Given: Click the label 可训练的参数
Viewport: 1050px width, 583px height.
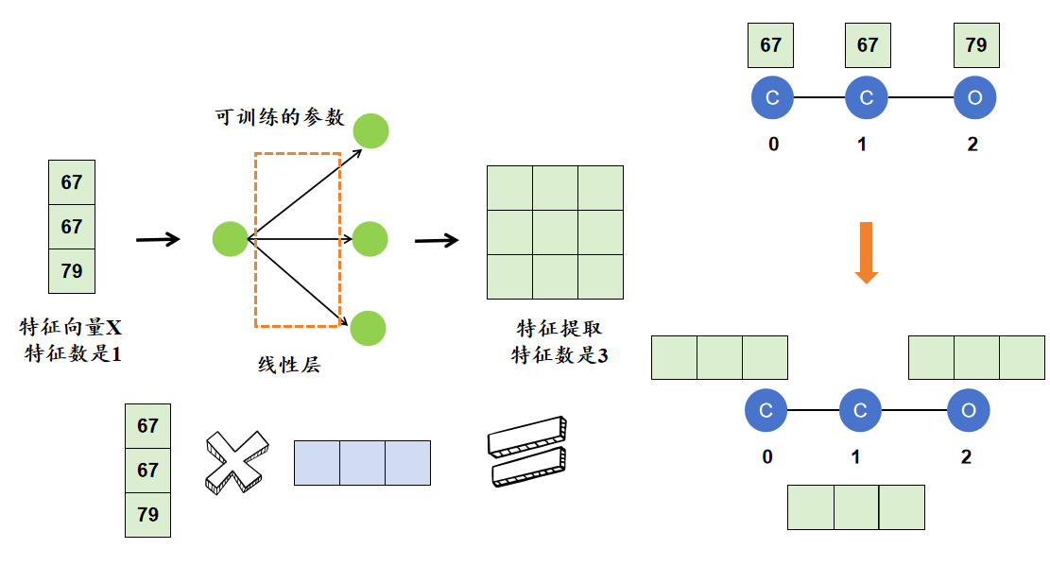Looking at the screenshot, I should (279, 117).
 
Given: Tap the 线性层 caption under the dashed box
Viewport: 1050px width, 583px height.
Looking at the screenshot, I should (288, 364).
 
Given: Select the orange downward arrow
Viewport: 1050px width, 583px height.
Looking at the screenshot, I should (866, 252).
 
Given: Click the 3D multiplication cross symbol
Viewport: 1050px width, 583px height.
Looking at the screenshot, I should (235, 461).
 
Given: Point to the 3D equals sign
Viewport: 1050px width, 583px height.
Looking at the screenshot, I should (527, 452).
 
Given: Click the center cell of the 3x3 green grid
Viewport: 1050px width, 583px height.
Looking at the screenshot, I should (555, 232).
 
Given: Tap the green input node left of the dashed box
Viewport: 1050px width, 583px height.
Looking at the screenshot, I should (231, 238).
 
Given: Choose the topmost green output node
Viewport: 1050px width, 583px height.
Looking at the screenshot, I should (371, 131).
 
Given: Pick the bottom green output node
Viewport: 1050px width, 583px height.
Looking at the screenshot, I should (368, 328).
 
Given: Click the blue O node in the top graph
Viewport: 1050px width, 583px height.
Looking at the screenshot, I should (975, 98).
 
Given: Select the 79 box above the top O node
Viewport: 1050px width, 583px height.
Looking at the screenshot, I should (976, 45).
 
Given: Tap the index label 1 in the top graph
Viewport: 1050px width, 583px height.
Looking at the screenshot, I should (861, 145).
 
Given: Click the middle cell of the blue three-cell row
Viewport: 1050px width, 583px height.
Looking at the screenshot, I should (362, 463).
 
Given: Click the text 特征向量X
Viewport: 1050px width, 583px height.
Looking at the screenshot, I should (72, 329).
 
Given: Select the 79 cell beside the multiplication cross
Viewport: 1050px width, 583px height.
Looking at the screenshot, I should (148, 515).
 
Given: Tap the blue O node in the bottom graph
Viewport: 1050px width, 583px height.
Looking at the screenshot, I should (969, 410).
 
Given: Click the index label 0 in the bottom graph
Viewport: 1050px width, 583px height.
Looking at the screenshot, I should (766, 457).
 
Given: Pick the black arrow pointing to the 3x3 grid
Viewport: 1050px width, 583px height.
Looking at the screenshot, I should (437, 240).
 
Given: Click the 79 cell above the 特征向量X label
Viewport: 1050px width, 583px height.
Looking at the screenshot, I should (72, 271).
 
